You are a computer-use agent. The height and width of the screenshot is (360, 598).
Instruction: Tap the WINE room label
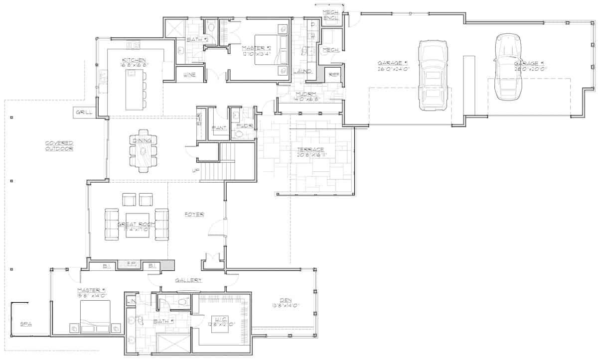point(189,75)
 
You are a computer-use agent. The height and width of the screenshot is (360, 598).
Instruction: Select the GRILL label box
point(84,113)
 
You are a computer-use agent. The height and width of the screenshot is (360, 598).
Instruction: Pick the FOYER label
point(195,214)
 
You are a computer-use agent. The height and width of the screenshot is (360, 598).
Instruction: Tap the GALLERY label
point(188,280)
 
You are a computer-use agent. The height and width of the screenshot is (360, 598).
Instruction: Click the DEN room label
point(286,300)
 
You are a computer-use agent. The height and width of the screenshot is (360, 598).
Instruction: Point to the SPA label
point(26,324)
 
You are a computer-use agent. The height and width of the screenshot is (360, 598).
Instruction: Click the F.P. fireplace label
point(132,264)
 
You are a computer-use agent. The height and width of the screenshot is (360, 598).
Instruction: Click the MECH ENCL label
point(331,15)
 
